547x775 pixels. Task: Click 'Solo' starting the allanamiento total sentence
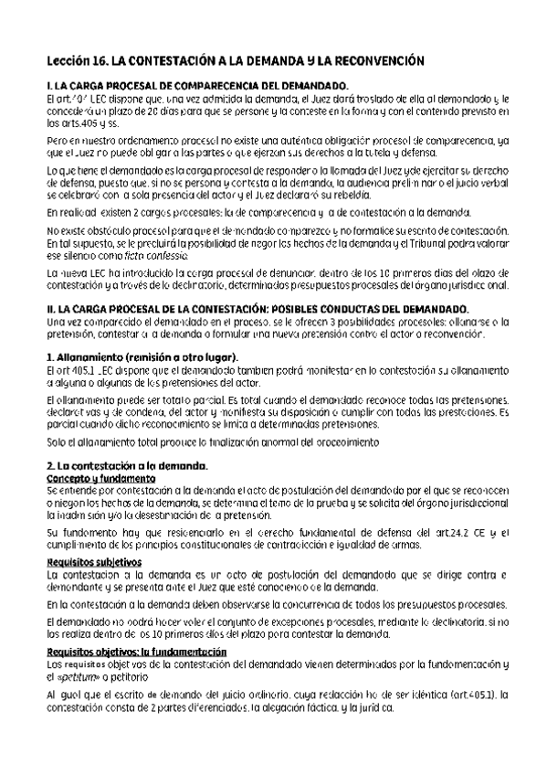pos(57,442)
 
